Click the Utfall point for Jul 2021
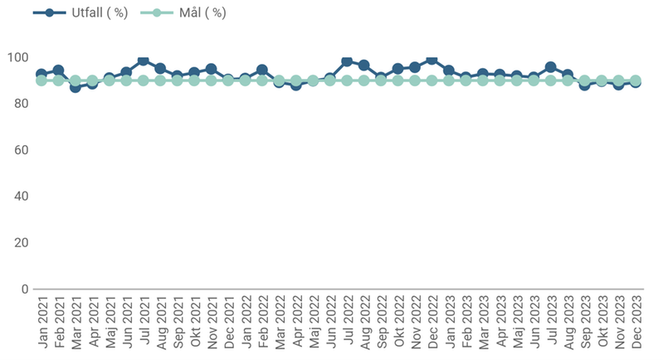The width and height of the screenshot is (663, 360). (144, 61)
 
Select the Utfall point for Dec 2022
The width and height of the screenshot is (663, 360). (431, 60)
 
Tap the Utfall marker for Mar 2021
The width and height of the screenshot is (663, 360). (76, 86)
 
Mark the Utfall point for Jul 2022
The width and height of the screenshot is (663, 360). (347, 61)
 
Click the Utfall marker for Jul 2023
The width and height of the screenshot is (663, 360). (551, 67)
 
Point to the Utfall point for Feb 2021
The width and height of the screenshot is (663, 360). (58, 71)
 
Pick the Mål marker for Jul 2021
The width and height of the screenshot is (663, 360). (144, 80)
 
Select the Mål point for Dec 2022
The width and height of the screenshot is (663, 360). (431, 80)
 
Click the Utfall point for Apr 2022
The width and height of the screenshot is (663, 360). (296, 85)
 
